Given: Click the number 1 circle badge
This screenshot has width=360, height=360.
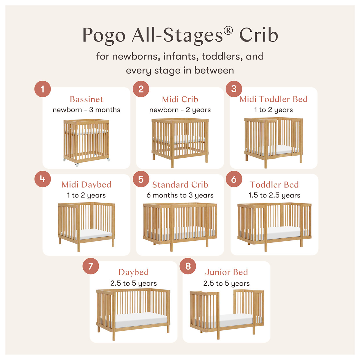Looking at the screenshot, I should [43, 89].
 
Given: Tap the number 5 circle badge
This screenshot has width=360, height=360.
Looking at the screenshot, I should [141, 179].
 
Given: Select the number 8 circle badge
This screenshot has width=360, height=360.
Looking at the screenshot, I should [188, 266].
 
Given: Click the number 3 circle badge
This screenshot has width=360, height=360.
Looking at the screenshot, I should [234, 89].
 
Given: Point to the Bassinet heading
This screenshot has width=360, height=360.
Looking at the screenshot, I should [87, 99].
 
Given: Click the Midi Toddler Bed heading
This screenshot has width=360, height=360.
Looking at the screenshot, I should [273, 99].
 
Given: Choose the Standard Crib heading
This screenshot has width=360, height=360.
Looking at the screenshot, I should [180, 185].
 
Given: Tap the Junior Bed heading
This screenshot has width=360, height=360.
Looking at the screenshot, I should [226, 272].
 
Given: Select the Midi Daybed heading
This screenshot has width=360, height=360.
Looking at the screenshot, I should [87, 185].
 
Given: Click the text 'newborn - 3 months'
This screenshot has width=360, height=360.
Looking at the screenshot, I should [87, 110].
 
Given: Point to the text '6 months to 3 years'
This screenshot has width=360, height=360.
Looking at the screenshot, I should [180, 195].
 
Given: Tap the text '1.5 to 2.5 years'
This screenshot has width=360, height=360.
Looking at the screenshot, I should [274, 195].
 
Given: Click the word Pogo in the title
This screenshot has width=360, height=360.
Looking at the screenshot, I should [104, 35].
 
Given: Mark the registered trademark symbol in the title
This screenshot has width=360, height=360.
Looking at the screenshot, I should [228, 30].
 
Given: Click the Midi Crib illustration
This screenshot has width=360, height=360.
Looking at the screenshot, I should [180, 141].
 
